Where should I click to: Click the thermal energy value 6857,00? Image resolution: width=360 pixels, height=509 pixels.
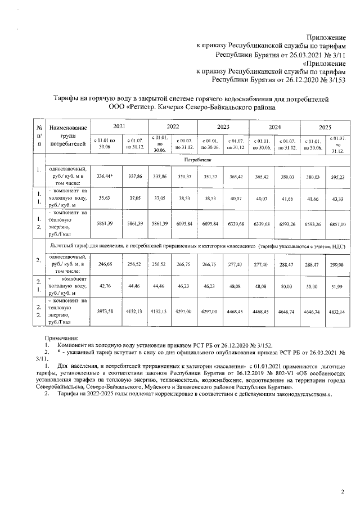tap(336, 224)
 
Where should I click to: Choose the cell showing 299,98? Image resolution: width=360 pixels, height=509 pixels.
tap(336, 264)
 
